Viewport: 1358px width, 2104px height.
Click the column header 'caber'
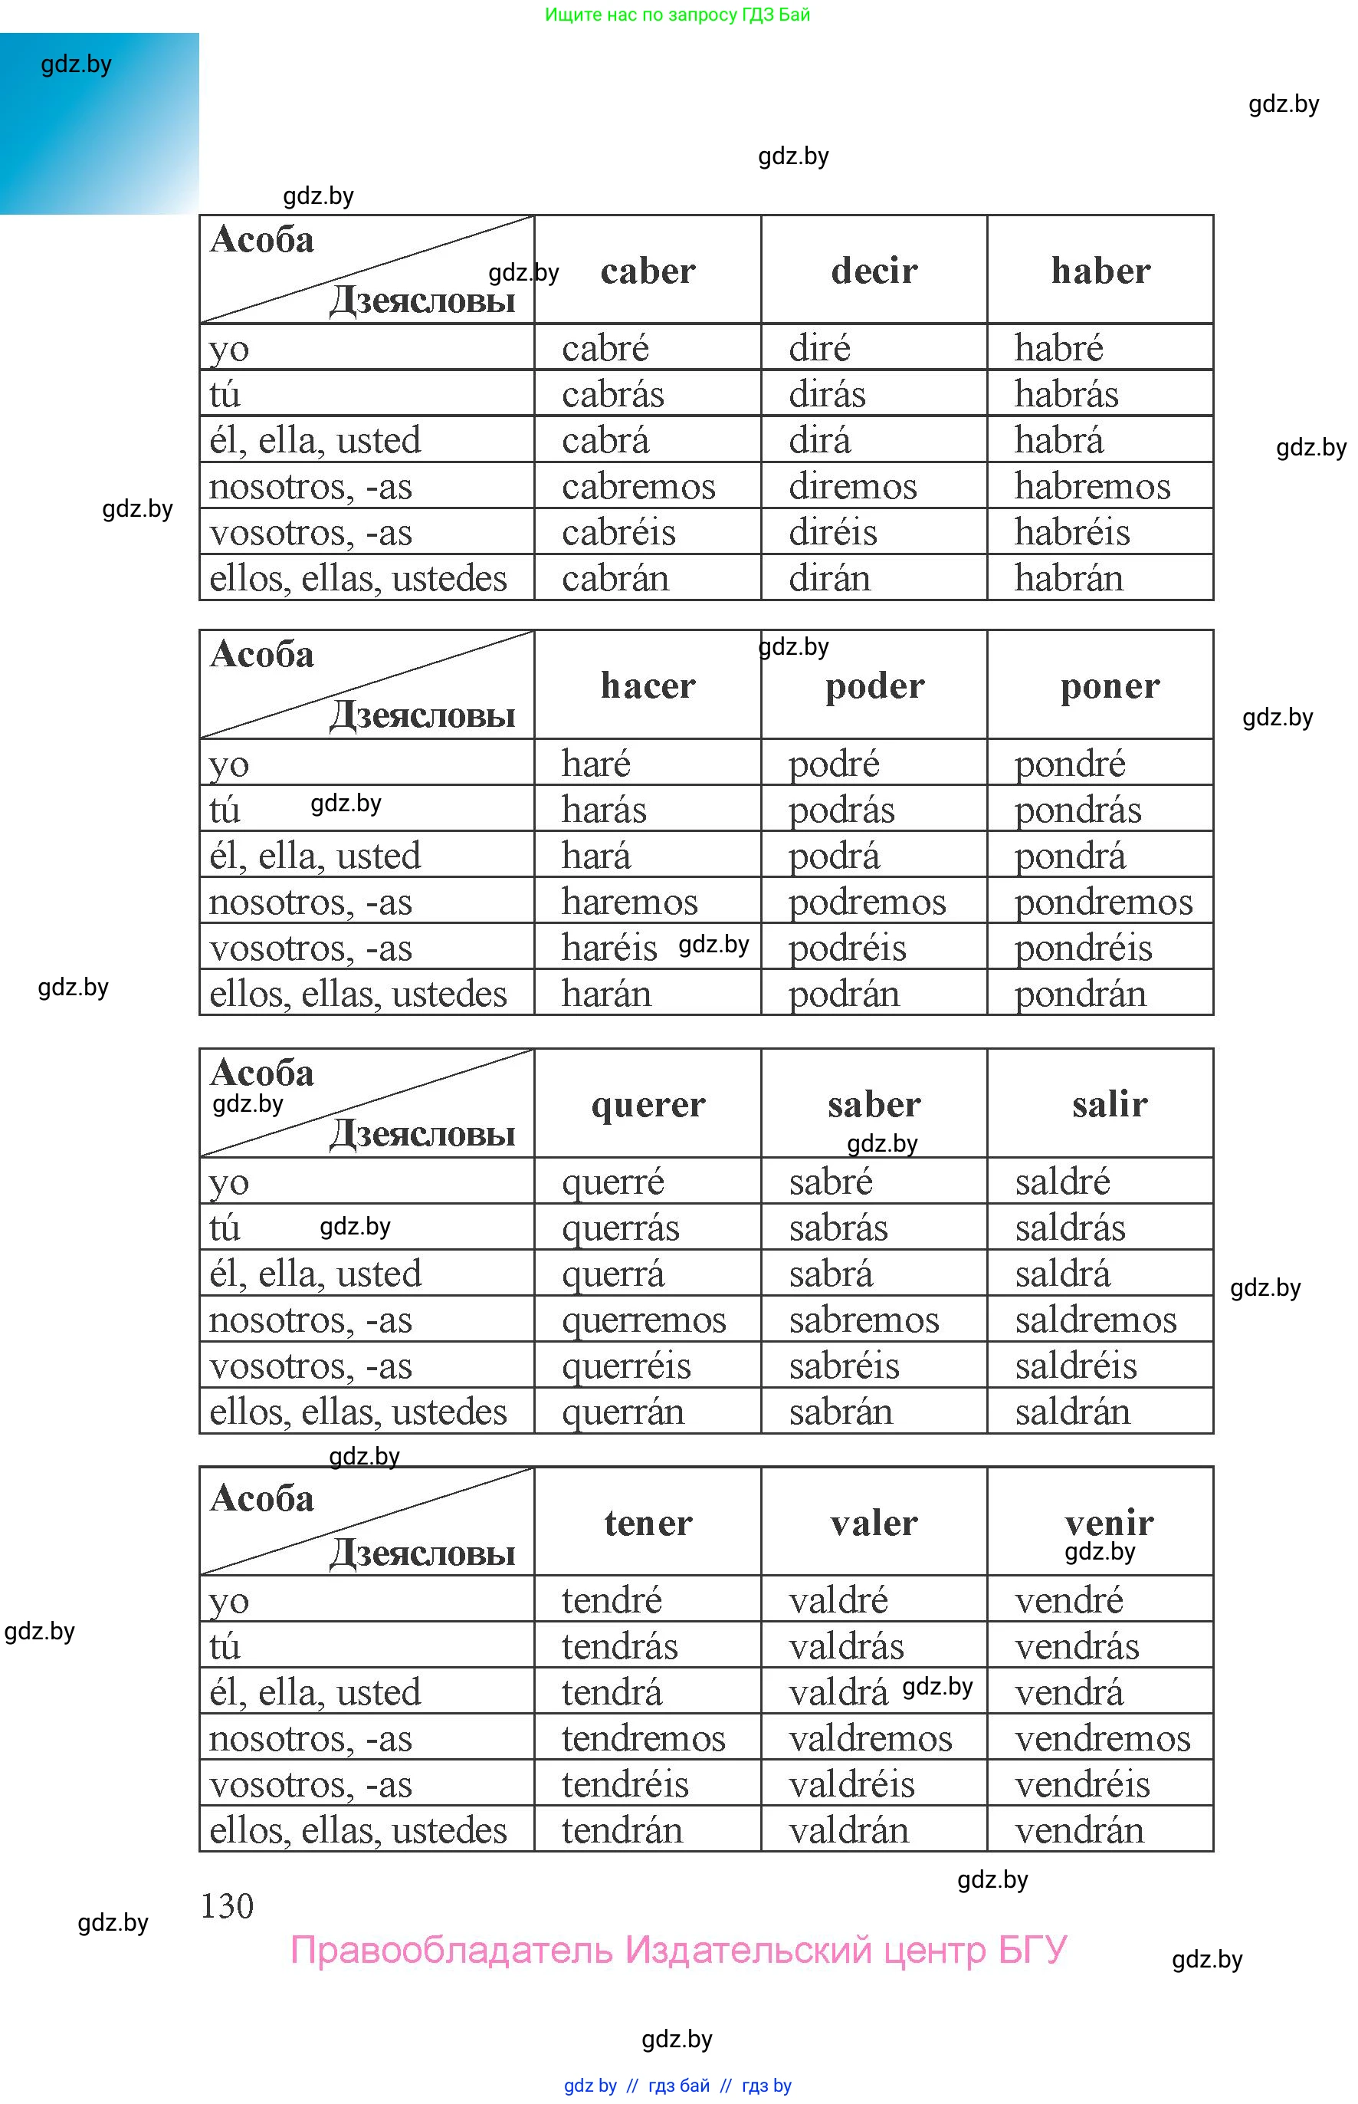[x=648, y=271]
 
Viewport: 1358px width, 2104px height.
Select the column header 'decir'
[x=874, y=271]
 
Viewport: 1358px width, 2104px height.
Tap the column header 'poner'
[x=1110, y=685]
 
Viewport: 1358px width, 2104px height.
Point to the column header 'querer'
[x=648, y=1103]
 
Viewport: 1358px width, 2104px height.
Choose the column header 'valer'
[x=874, y=1522]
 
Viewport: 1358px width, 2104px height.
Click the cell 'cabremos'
[x=638, y=486]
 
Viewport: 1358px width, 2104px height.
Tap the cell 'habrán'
[x=1069, y=578]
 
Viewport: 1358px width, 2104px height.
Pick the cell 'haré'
[x=596, y=763]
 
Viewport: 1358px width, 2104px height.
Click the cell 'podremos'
[x=867, y=902]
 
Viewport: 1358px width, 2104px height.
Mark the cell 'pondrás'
[x=1078, y=809]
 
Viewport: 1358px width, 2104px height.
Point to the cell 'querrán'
[x=622, y=1412]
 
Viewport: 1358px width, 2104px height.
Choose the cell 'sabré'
[x=831, y=1182]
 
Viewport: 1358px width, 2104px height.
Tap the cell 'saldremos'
[x=1095, y=1320]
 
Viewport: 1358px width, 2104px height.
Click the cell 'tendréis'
[x=625, y=1783]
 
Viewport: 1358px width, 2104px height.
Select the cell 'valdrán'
[x=848, y=1829]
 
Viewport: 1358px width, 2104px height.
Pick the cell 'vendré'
[x=1069, y=1599]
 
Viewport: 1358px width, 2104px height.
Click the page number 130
[x=227, y=1905]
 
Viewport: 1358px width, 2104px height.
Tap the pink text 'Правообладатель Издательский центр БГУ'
[x=678, y=1950]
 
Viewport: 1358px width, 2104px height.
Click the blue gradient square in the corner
[x=99, y=123]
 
